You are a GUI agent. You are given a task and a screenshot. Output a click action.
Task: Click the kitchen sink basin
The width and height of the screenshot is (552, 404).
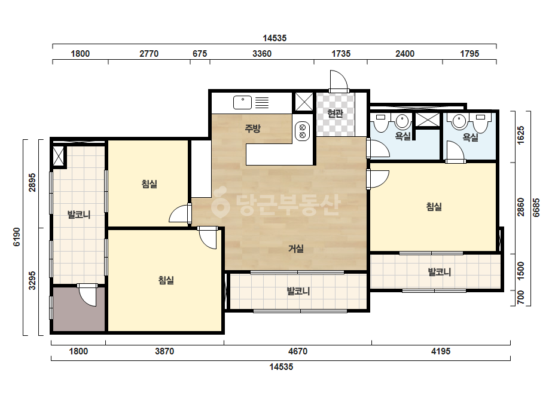243,102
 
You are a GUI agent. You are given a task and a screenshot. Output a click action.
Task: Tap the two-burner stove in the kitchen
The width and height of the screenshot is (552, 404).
302,131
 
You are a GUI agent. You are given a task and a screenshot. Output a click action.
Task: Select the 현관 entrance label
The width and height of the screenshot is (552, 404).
335,114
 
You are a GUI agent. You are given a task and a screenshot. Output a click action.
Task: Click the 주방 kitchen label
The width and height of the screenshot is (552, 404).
253,128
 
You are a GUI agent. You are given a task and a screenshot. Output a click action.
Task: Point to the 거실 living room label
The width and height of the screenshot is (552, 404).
296,249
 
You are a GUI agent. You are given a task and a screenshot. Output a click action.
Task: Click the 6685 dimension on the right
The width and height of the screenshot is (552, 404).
536,207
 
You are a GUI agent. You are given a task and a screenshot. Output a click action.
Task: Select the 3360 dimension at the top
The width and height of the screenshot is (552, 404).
262,54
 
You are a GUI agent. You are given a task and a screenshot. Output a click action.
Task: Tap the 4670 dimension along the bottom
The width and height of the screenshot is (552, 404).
298,351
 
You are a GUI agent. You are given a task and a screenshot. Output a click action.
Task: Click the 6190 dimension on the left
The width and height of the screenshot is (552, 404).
17,237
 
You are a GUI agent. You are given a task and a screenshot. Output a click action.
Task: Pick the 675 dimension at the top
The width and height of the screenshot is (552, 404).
200,54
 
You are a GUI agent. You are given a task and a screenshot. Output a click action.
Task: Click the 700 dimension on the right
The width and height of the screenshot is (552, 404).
521,298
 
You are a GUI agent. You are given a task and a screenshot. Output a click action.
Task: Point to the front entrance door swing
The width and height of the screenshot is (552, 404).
338,80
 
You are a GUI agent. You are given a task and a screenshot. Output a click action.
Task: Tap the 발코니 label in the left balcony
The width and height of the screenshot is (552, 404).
79,215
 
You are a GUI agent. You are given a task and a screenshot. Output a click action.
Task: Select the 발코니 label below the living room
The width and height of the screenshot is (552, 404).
298,292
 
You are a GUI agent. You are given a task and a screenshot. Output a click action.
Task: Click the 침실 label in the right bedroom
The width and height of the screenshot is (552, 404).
434,207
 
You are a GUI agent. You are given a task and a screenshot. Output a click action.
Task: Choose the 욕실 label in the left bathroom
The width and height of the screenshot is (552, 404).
403,136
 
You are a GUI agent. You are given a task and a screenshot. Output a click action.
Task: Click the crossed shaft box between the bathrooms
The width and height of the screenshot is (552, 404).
428,120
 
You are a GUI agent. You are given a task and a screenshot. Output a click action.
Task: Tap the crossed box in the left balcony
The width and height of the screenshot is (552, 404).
58,155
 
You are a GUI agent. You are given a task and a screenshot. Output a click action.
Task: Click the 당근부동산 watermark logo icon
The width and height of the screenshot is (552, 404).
220,201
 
